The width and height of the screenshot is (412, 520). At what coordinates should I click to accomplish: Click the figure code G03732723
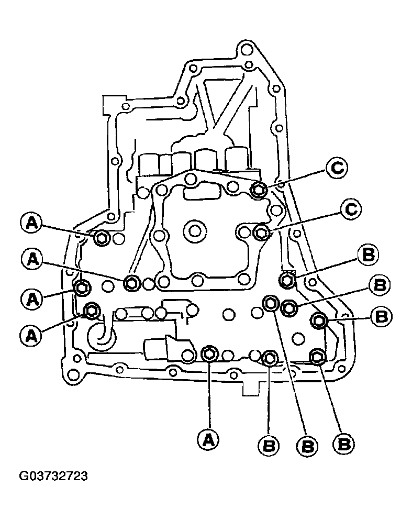(x=53, y=476)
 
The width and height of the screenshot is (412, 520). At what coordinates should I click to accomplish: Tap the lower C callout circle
(x=351, y=209)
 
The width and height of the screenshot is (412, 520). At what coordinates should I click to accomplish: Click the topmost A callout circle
(x=32, y=223)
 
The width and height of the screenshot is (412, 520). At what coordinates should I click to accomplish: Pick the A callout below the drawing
(x=208, y=440)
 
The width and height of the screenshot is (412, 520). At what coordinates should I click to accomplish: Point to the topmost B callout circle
(x=368, y=256)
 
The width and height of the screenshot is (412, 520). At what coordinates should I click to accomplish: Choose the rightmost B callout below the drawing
(x=343, y=444)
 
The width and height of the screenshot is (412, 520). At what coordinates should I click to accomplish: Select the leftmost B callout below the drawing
(x=269, y=446)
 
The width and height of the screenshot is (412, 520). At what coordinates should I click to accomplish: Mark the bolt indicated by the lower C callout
(x=261, y=232)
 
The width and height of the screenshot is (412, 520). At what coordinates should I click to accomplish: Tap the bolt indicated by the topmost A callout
(x=101, y=237)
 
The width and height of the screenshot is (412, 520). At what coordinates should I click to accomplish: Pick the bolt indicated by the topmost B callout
(x=287, y=280)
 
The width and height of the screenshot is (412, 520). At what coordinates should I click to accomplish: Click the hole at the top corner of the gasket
(x=246, y=50)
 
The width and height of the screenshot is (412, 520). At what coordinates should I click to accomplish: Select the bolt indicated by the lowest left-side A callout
(x=91, y=310)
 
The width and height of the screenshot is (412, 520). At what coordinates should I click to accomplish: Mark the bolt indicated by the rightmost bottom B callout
(x=317, y=357)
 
